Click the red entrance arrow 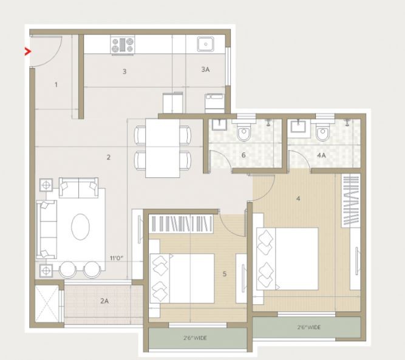coord(27,52)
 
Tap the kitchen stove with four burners coord(123,45)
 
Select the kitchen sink coord(205,44)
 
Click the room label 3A coord(205,69)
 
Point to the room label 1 coord(56,84)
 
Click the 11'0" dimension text coord(117,258)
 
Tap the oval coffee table coord(81,226)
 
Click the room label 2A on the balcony coord(104,301)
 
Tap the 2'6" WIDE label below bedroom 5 coord(195,338)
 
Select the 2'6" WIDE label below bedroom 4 coord(308,327)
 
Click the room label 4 coord(298,199)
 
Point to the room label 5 coord(225,274)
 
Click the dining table coord(163,148)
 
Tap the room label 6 coord(243,155)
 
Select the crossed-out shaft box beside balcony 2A coord(47,304)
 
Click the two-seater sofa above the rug coord(78,188)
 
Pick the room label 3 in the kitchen coord(124,71)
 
